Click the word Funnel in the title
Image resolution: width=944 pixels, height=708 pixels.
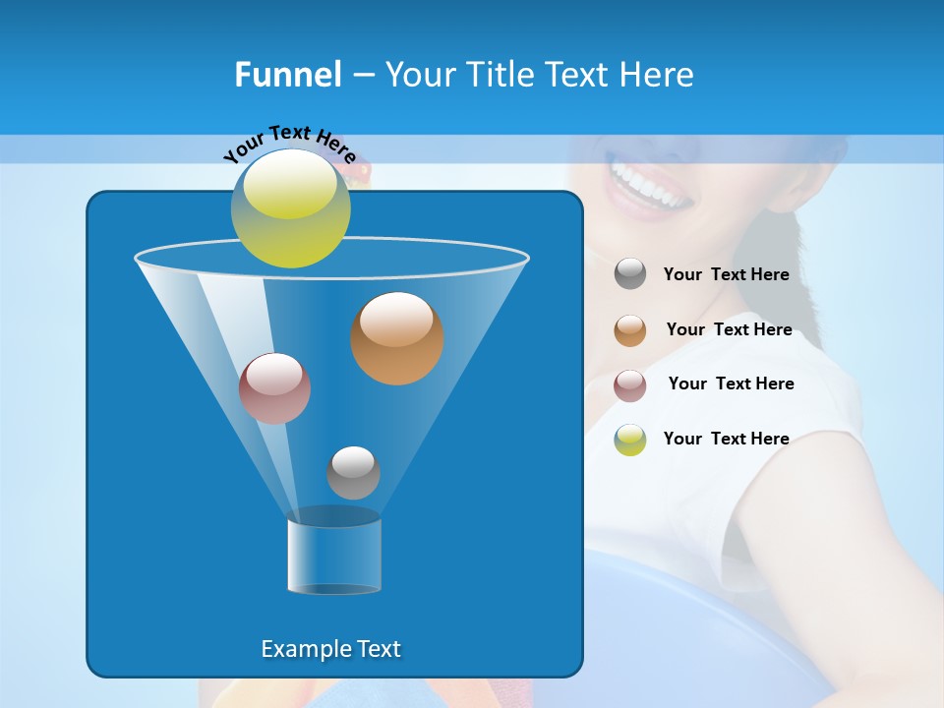click(287, 75)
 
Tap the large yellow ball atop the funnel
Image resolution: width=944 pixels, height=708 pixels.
click(290, 207)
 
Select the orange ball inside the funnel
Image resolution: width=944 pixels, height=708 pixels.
click(396, 338)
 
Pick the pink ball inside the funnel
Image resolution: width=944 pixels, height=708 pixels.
click(274, 388)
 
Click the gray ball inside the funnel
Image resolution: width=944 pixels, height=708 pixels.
click(353, 473)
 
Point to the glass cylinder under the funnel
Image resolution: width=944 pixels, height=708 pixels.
click(333, 556)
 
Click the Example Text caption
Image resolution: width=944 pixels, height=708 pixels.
click(330, 649)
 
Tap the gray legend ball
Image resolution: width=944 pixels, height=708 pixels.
click(630, 274)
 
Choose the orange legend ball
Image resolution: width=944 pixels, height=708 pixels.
click(630, 330)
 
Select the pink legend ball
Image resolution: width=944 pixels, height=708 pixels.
click(630, 385)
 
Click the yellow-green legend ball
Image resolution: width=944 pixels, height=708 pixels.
click(630, 440)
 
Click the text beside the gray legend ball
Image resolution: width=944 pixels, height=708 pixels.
click(726, 275)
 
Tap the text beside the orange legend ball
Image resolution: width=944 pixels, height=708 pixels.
click(729, 330)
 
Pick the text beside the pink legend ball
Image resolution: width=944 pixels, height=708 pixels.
click(731, 384)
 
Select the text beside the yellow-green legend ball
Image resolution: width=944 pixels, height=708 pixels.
click(726, 440)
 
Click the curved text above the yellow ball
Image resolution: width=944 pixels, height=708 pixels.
click(289, 142)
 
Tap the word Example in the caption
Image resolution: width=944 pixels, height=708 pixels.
click(305, 649)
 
